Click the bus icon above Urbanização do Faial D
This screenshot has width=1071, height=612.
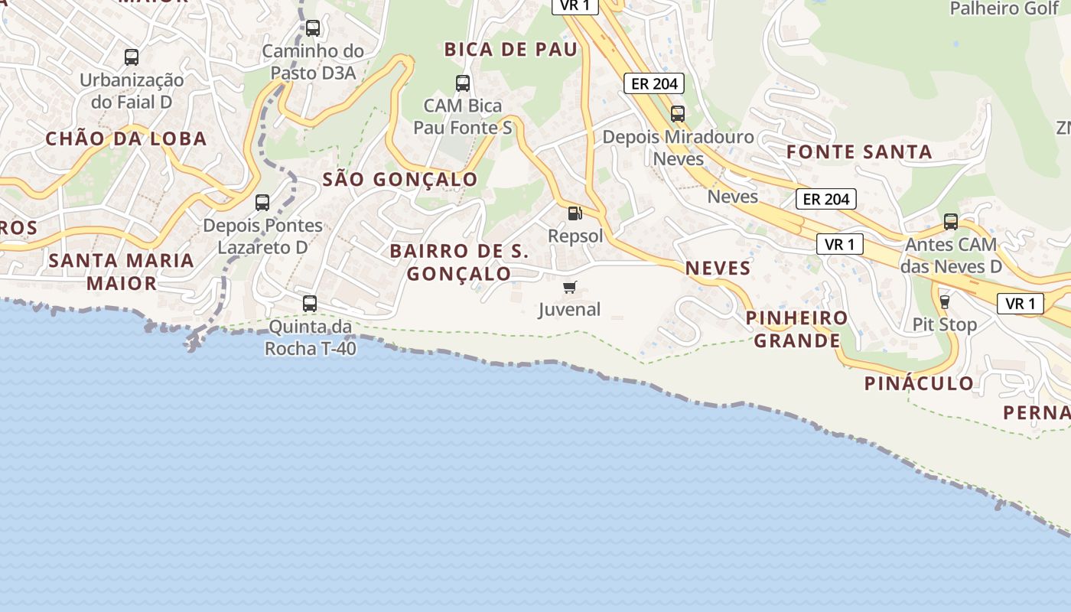coord(132,57)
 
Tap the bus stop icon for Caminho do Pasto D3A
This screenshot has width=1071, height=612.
coord(312,28)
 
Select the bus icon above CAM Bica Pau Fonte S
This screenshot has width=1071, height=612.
coord(462,83)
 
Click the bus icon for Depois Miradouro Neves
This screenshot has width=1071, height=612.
coord(678,114)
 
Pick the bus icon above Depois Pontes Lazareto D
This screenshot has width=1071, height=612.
coord(262,203)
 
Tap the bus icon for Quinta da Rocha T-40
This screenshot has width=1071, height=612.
coord(310,303)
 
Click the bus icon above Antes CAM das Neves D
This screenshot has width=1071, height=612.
coord(950,222)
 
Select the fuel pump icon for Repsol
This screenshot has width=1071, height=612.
coord(575,213)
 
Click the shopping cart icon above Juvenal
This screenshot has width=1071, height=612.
coord(569,288)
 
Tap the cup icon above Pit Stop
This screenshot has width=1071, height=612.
coord(945,302)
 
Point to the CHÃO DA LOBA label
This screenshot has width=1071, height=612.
coord(126,138)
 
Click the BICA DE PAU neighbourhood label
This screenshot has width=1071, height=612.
coord(510,50)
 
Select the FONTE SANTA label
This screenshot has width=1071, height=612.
coord(859,151)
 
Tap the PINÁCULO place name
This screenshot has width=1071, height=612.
coord(919,383)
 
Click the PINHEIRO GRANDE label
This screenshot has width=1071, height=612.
coord(796,329)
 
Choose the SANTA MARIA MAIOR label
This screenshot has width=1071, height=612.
coord(121,272)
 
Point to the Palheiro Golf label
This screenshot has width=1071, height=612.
coord(1004,8)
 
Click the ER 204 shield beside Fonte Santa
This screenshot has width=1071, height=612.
coord(825,200)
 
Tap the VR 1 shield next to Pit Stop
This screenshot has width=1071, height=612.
coord(1021,304)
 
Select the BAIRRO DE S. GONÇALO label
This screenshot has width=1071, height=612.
coord(459,262)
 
